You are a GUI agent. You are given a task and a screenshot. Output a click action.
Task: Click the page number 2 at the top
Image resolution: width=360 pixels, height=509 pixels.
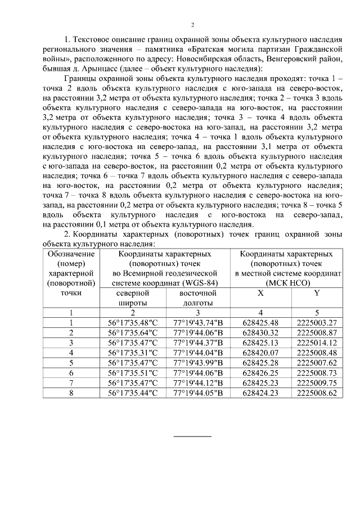point(192,25)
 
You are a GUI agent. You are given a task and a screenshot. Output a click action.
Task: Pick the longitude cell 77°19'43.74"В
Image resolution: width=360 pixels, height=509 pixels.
point(198,323)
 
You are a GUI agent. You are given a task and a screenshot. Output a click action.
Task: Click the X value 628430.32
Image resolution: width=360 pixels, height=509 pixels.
point(260,332)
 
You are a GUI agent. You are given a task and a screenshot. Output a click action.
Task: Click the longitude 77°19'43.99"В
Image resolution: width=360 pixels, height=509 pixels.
point(198,363)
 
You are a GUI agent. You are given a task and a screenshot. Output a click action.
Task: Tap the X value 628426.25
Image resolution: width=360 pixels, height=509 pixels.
point(260,372)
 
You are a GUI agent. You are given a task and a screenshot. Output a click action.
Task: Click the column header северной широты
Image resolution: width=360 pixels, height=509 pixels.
point(133,298)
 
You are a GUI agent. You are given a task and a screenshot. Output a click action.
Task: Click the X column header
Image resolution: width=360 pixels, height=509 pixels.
point(260,294)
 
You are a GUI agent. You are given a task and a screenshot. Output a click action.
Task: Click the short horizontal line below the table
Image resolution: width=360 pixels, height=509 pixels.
point(192,436)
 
